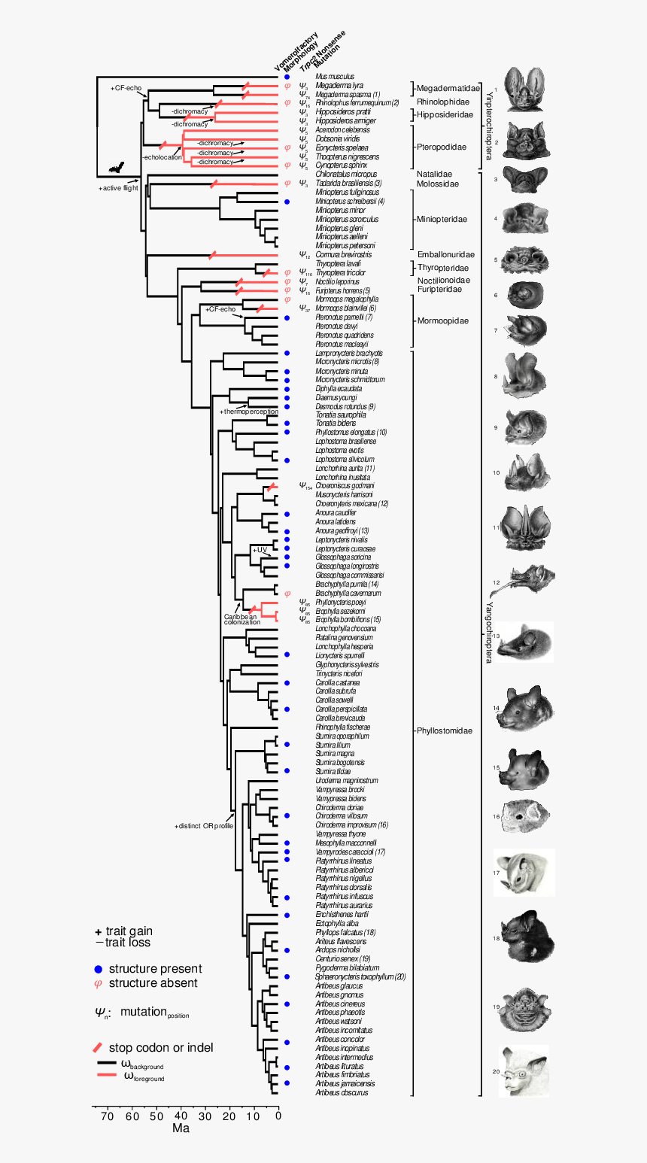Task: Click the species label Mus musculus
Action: [x=335, y=77]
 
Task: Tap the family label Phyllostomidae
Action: [x=444, y=730]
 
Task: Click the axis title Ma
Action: [x=181, y=1128]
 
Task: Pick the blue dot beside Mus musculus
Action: [x=287, y=77]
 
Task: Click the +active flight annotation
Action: [x=118, y=188]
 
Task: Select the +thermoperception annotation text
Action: [x=248, y=411]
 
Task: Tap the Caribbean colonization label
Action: [x=241, y=619]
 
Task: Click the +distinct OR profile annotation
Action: [x=204, y=826]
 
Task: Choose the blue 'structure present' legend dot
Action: [x=98, y=969]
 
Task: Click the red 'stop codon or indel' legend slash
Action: [x=98, y=1047]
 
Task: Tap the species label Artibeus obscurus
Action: [x=342, y=1092]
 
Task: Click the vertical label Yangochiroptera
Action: [x=489, y=632]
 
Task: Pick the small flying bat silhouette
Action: [x=116, y=170]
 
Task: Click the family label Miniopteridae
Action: [x=442, y=219]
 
